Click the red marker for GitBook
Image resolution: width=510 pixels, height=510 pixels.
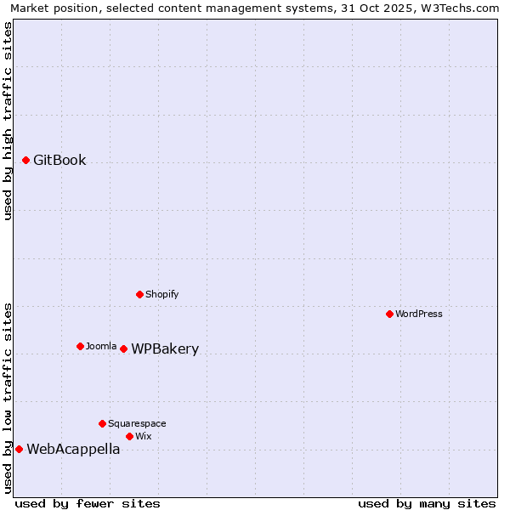click(x=25, y=160)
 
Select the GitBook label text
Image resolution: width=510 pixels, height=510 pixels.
click(x=59, y=160)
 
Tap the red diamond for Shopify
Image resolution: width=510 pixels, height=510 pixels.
click(x=139, y=294)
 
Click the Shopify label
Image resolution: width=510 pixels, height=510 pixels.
click(x=161, y=294)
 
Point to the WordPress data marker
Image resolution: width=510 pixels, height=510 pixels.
click(x=389, y=314)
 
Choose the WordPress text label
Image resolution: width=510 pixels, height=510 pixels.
click(x=418, y=314)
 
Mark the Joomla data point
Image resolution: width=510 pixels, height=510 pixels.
click(x=80, y=346)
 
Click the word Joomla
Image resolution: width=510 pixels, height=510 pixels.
click(x=101, y=346)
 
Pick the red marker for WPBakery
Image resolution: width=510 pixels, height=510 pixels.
click(x=123, y=348)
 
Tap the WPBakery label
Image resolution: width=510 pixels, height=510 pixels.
click(x=165, y=349)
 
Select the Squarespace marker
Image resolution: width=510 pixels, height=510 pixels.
click(x=102, y=423)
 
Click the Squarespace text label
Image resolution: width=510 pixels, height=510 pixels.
click(x=137, y=423)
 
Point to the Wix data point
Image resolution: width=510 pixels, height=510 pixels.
click(x=129, y=436)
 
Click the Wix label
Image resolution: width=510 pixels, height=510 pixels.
click(x=143, y=436)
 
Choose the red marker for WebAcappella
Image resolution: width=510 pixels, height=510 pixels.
click(x=19, y=449)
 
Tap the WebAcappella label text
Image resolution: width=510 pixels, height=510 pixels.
click(x=73, y=450)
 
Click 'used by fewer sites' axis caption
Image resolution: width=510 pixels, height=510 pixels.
click(x=88, y=503)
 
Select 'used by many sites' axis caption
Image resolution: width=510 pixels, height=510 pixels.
click(x=427, y=503)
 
